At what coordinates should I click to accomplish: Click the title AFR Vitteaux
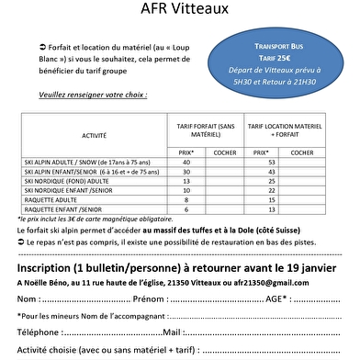[179, 9]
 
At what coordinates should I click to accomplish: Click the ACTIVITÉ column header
[94, 135]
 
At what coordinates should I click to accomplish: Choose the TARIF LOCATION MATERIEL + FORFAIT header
[285, 129]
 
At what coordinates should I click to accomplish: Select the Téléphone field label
[42, 332]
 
